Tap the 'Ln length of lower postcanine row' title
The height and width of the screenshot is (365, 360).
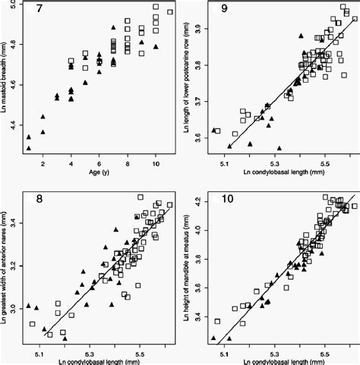[188, 83]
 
